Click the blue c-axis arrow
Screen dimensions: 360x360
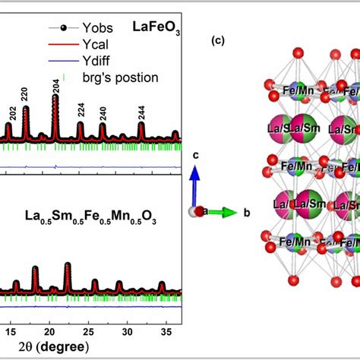[194, 188]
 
